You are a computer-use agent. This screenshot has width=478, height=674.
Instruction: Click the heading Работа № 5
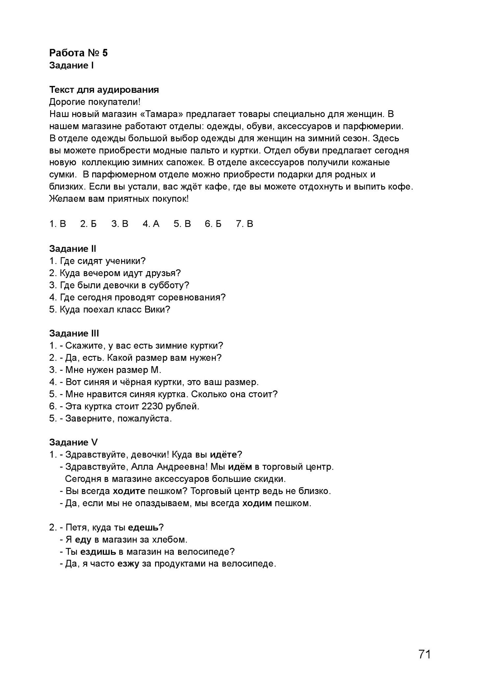(x=78, y=53)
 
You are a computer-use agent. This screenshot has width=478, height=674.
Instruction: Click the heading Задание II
(x=72, y=249)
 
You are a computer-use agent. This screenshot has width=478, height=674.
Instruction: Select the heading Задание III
(x=74, y=333)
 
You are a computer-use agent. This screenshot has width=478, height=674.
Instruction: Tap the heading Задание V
(x=73, y=443)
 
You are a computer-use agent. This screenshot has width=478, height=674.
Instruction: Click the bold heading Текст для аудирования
(x=104, y=90)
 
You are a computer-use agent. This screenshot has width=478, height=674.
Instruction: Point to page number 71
(x=425, y=655)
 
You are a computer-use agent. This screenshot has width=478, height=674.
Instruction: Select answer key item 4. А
(x=151, y=224)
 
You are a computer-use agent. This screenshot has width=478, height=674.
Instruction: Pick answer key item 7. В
(x=245, y=224)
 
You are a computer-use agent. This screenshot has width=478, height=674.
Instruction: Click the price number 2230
(x=152, y=406)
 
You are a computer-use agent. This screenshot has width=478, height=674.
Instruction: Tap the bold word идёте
(x=224, y=455)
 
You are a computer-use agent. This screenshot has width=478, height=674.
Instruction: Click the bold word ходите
(x=129, y=491)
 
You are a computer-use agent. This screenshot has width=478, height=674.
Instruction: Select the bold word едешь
(x=143, y=528)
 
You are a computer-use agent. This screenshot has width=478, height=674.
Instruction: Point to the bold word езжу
(x=128, y=564)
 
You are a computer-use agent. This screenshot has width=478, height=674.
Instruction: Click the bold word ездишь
(x=98, y=552)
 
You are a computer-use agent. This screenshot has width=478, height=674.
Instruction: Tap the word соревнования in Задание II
(x=192, y=298)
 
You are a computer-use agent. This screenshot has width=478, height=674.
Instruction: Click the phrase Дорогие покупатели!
(x=95, y=102)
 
